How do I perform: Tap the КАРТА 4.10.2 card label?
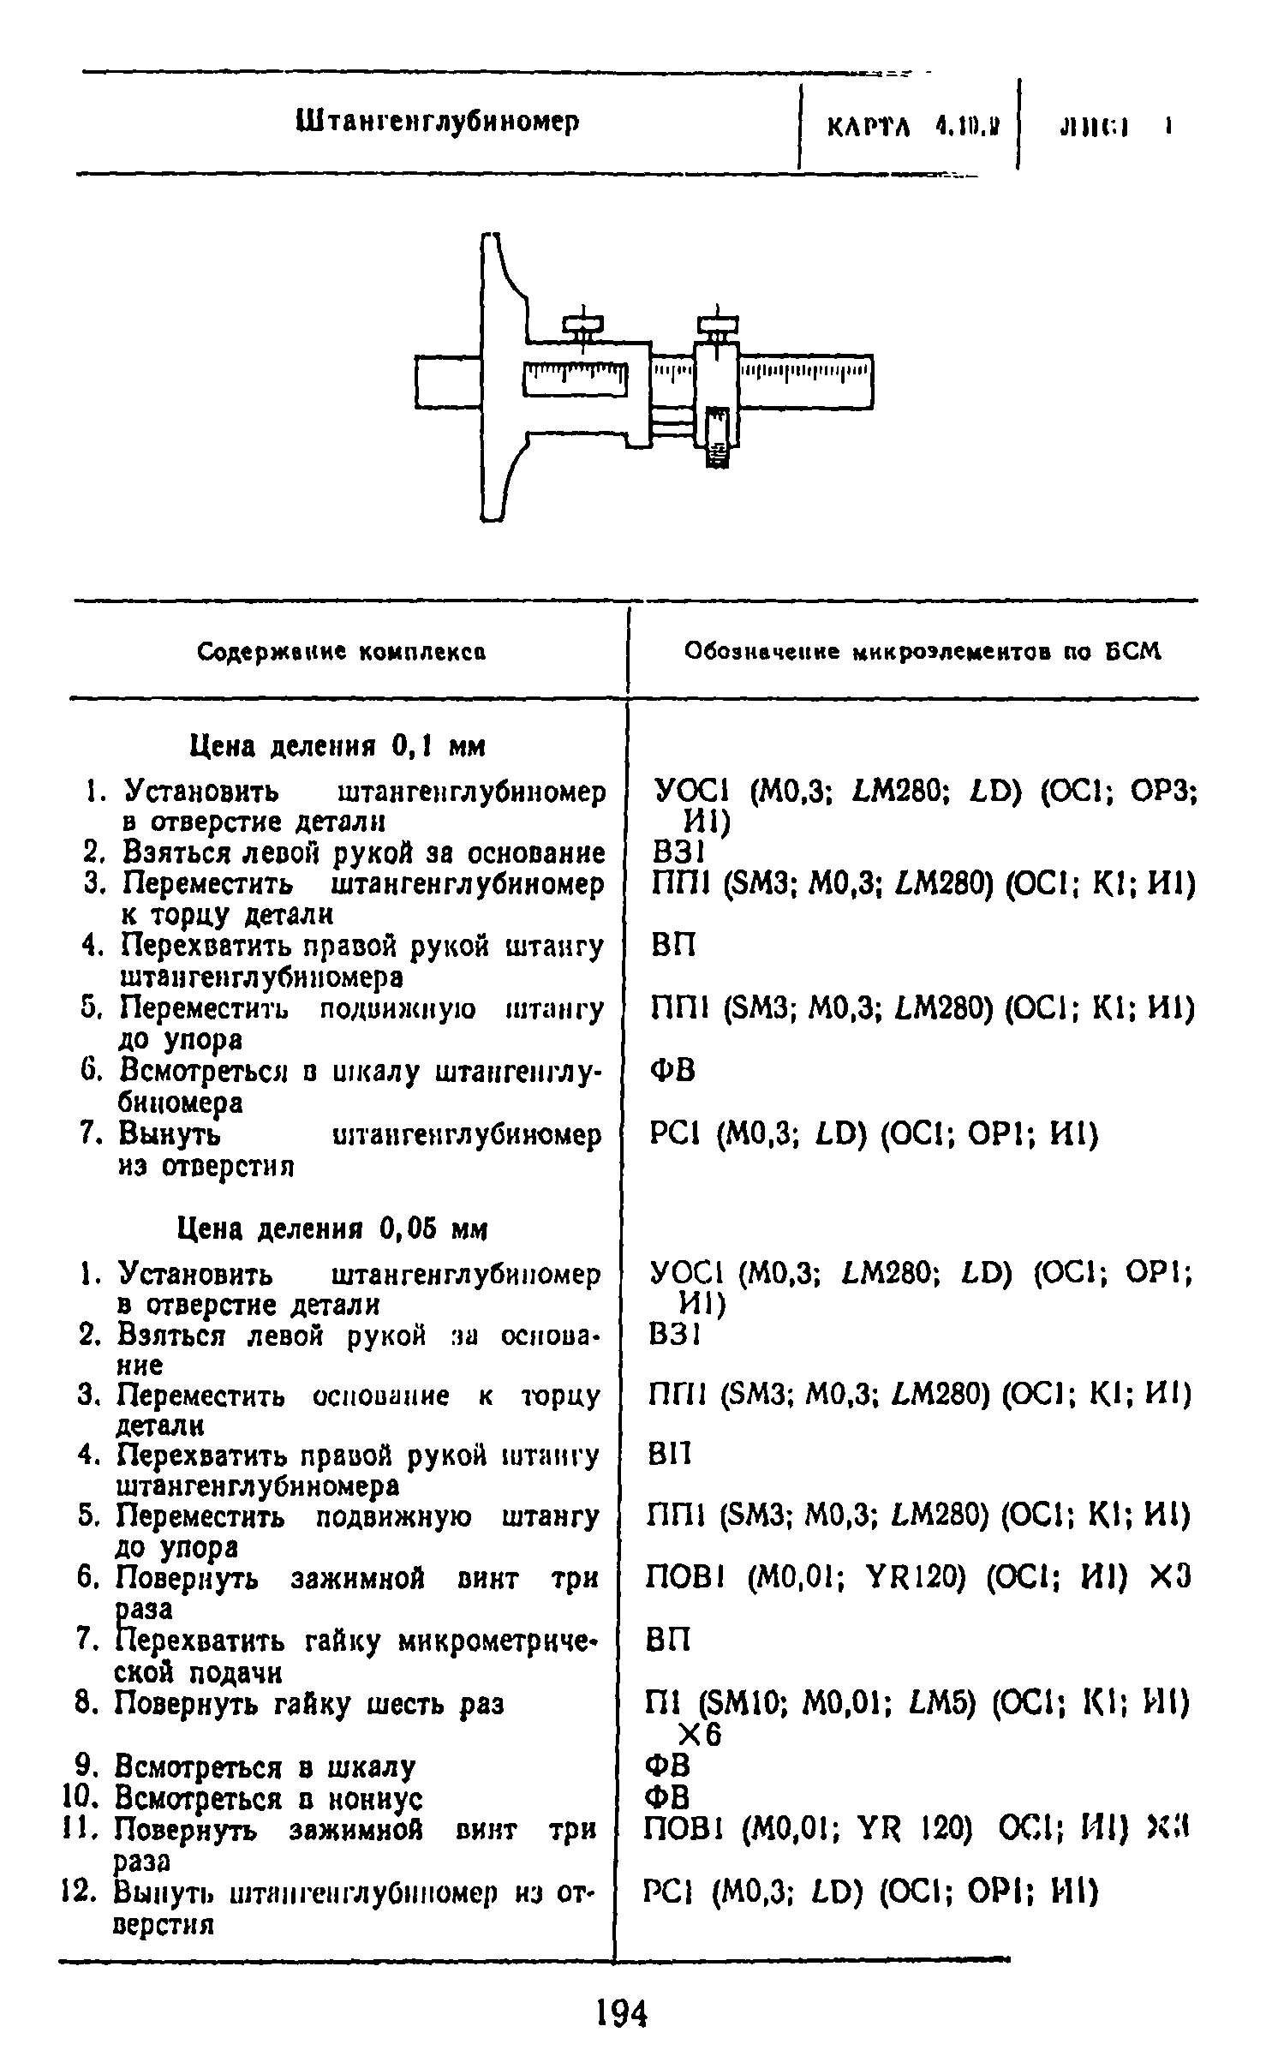point(911,128)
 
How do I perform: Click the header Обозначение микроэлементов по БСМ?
point(922,653)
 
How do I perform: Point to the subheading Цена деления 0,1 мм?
point(337,747)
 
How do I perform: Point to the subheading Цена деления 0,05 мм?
point(332,1229)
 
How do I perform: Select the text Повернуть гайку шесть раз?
point(309,1704)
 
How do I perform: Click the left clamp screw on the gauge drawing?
point(583,326)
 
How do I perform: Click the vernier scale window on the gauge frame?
point(575,378)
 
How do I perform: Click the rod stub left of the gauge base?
point(448,382)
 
